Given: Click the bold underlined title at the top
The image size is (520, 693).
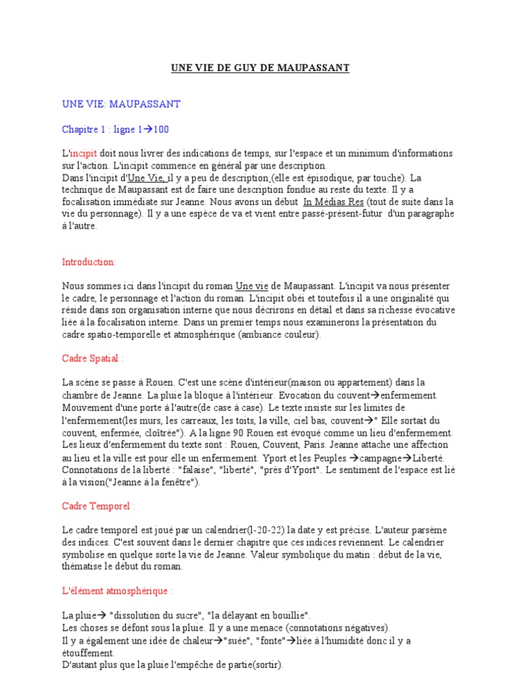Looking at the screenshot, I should point(260,68).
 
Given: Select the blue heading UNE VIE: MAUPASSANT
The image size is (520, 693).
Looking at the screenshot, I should point(121,104).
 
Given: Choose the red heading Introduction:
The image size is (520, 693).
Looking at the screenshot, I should point(89,261).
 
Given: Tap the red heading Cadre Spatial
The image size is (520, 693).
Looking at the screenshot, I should point(93,359).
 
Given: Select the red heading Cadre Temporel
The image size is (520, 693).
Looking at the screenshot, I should point(98,505).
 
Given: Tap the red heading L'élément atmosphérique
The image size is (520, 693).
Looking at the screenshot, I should point(117,591).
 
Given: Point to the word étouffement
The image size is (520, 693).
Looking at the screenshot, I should point(88,653).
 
